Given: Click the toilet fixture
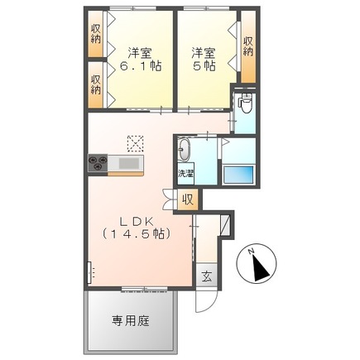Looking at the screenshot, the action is [x=245, y=103].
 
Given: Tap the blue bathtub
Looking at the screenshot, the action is [x=238, y=175].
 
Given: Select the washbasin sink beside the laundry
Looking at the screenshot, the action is [x=184, y=150].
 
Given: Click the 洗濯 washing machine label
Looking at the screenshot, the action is [x=185, y=174].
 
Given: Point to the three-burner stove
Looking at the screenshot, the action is [x=98, y=163].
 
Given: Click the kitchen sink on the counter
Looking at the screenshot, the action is [x=129, y=164].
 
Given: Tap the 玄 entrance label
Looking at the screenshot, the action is [x=207, y=276].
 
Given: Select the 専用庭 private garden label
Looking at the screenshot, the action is [x=131, y=321].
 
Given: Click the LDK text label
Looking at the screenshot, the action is [x=136, y=222].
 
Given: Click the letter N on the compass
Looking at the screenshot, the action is [x=251, y=252].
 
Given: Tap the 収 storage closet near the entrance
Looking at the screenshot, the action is [x=188, y=199].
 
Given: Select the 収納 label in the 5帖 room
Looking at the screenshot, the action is [x=248, y=46].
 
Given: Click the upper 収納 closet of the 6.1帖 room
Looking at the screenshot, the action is [x=96, y=34].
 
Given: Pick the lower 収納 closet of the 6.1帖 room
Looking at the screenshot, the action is [x=96, y=84].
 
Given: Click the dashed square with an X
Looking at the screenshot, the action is [x=135, y=143].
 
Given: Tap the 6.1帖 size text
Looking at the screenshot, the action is [x=140, y=66].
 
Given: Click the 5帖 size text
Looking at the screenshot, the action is [x=204, y=66].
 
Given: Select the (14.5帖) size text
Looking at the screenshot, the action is [x=136, y=234].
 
